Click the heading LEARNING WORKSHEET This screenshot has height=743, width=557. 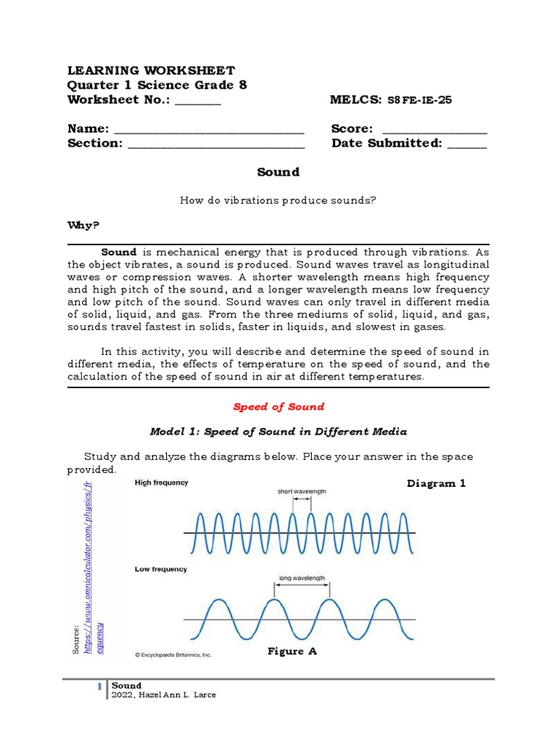tap(151, 70)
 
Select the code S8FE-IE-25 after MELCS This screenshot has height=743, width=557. tap(420, 100)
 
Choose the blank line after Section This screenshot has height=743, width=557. tap(216, 145)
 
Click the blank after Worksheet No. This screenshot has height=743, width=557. tap(197, 102)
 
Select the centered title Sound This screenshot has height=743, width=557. tap(278, 172)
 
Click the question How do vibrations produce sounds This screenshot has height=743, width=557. tap(278, 200)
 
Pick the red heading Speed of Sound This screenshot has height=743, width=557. tap(278, 407)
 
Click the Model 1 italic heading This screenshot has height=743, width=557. tap(278, 432)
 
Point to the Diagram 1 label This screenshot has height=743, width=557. tap(436, 483)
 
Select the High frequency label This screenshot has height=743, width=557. tap(161, 483)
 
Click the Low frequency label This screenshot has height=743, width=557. tap(160, 569)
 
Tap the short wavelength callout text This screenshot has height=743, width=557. tap(302, 491)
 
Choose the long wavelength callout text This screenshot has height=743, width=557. tap(302, 578)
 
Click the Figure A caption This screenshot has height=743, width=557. tap(292, 652)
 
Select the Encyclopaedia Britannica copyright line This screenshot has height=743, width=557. tap(173, 654)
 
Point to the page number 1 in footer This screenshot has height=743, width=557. tap(100, 686)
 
